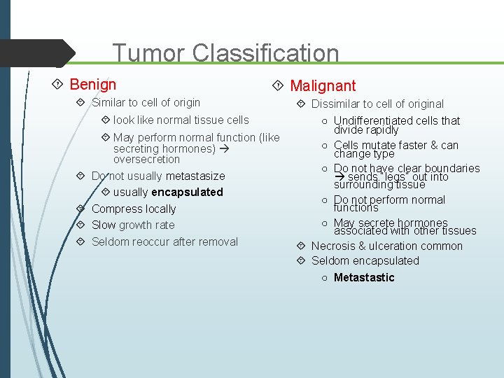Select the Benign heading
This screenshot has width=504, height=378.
(93, 85)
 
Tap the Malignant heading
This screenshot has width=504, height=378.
(323, 86)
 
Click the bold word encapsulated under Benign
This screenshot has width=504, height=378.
(187, 192)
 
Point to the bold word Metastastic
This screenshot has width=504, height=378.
(364, 278)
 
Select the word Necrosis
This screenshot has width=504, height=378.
(333, 246)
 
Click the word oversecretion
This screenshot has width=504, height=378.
(146, 160)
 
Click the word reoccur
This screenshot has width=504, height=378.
(160, 242)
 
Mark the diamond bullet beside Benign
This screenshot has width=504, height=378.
(58, 85)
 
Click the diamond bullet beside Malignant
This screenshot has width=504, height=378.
(278, 85)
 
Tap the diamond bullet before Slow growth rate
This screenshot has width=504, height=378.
(80, 225)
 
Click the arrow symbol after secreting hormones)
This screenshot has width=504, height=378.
(224, 149)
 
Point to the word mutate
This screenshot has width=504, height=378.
(379, 146)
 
